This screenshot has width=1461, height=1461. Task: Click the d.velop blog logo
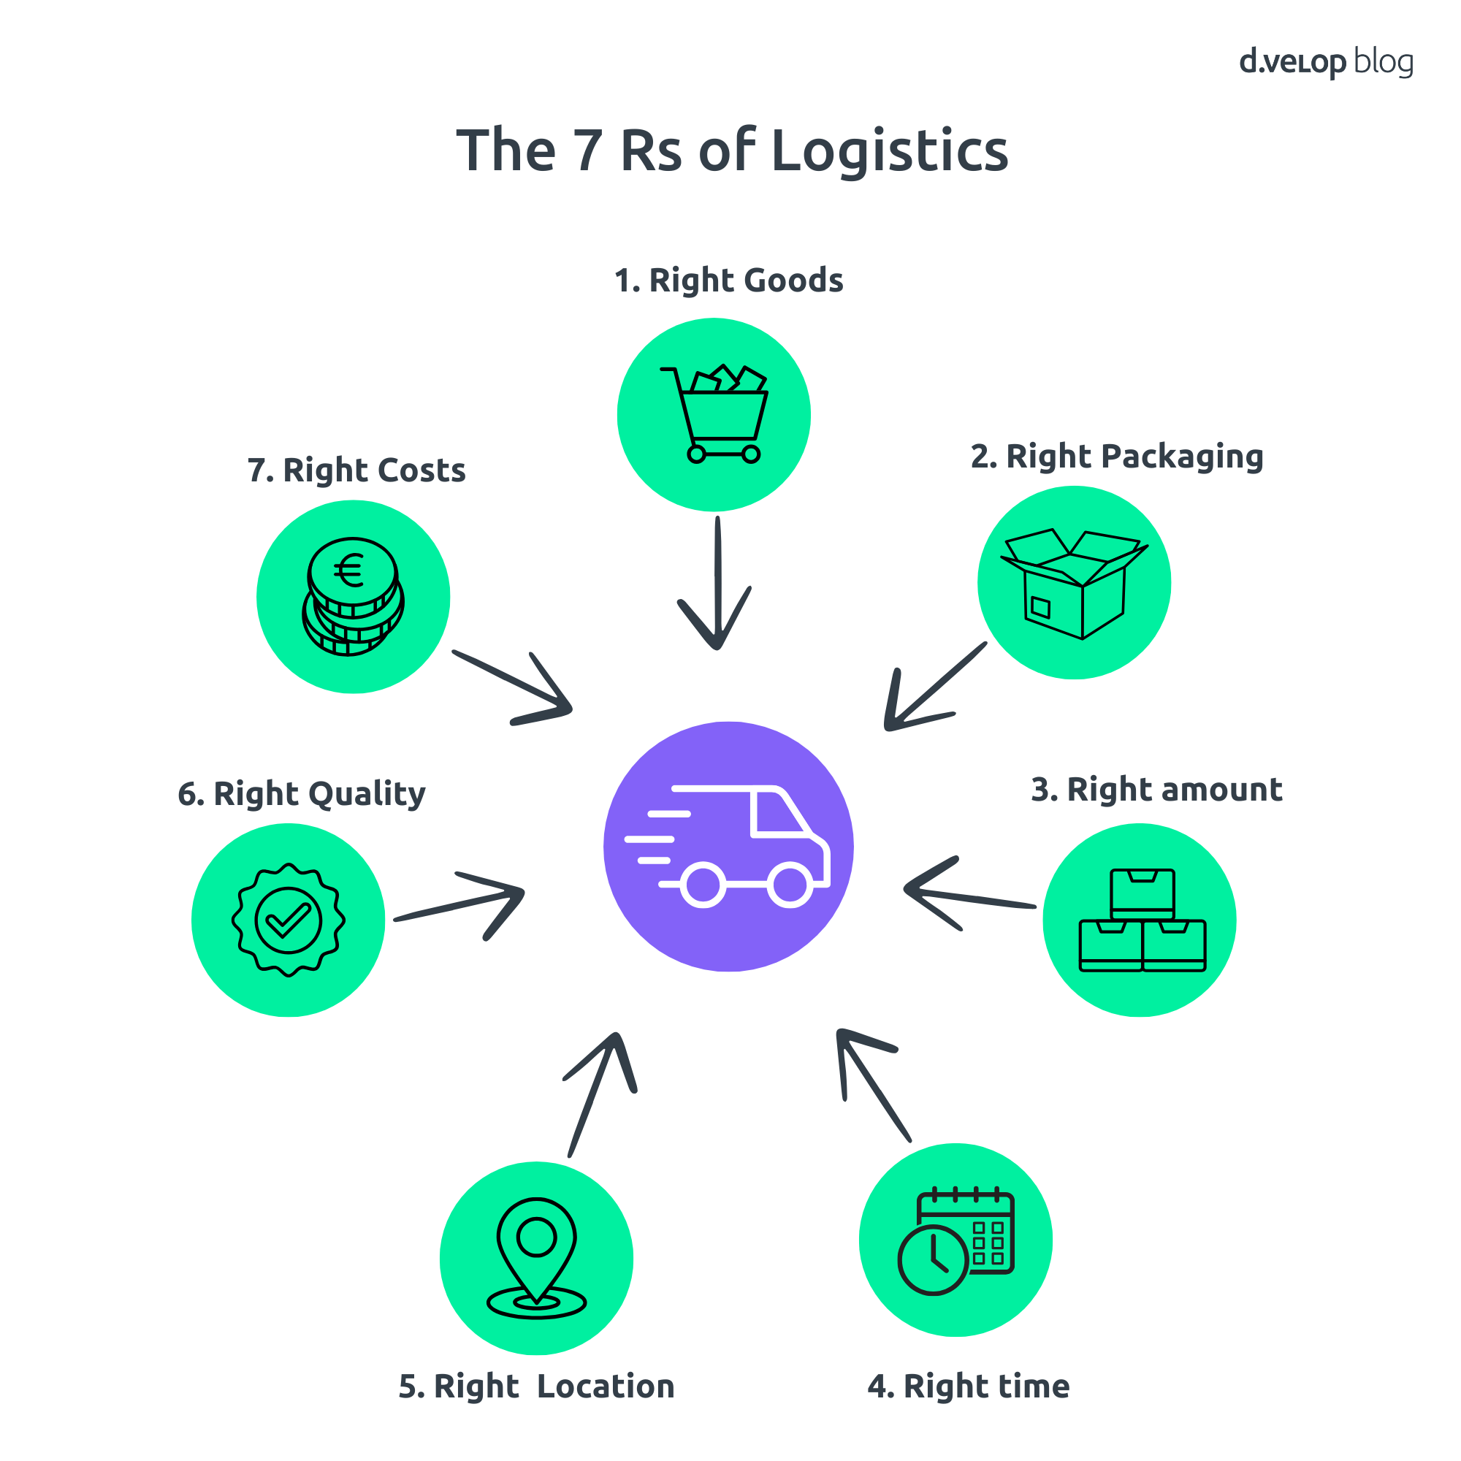(x=1325, y=62)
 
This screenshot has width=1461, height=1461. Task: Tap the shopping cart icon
(x=714, y=414)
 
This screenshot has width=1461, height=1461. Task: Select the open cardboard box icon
(x=1074, y=583)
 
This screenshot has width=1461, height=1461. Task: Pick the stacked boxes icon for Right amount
(x=1141, y=920)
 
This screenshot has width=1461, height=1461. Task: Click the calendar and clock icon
(x=955, y=1240)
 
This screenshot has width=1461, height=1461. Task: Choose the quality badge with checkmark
(x=288, y=920)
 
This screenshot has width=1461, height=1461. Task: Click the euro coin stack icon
(x=353, y=597)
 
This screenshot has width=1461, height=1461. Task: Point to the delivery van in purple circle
(x=728, y=845)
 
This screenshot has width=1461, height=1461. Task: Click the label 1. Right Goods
(x=728, y=281)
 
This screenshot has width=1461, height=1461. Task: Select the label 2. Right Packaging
(x=1117, y=457)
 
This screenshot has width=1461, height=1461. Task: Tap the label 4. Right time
(x=968, y=1386)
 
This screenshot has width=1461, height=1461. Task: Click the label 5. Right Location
(x=536, y=1386)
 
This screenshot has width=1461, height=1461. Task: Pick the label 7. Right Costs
(x=356, y=470)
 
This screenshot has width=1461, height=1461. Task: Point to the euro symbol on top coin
(x=349, y=571)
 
